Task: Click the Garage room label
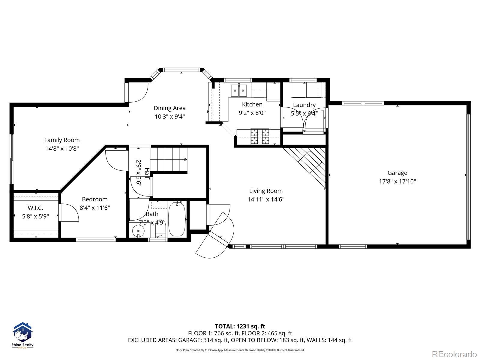(397, 173)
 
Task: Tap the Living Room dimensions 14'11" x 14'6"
(266, 199)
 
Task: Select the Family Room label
(62, 140)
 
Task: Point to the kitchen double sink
(239, 91)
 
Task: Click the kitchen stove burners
(260, 136)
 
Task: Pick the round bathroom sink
(138, 231)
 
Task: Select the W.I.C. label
(35, 208)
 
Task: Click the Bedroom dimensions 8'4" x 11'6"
(95, 208)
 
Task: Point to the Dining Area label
(170, 108)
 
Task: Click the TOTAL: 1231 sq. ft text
(240, 326)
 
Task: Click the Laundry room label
(304, 105)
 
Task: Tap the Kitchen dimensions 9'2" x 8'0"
(252, 113)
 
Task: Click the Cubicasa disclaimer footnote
(240, 350)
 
